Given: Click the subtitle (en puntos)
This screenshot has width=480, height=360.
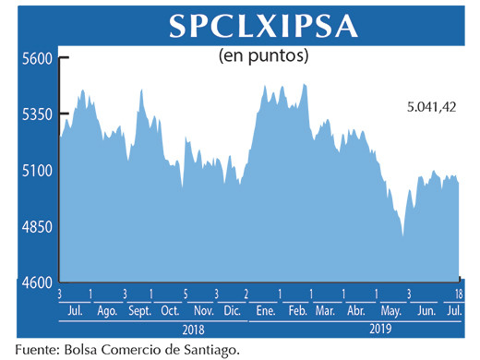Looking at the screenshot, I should pyautogui.click(x=263, y=55).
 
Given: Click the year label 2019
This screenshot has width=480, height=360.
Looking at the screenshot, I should pyautogui.click(x=380, y=329).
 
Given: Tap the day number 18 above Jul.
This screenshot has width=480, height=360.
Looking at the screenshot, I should pyautogui.click(x=459, y=294).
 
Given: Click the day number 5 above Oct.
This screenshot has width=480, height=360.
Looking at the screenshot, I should pyautogui.click(x=186, y=294).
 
